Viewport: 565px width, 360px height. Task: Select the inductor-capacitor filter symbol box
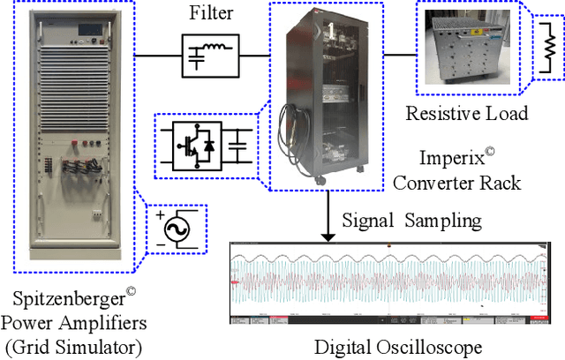tap(211, 56)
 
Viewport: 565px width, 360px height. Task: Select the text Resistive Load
tap(465, 114)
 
